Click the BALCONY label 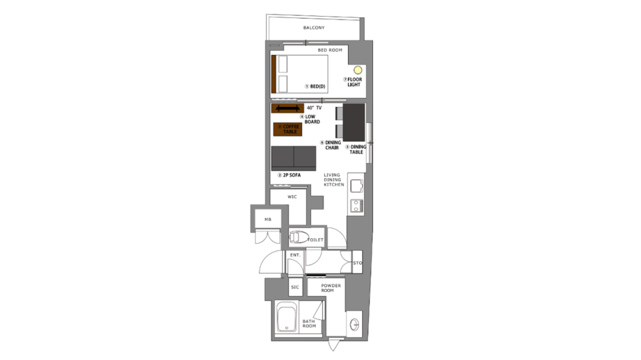point(313,28)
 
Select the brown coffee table point(287,129)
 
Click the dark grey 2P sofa point(294,158)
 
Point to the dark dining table point(354,122)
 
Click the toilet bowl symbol point(297,238)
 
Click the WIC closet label point(292,197)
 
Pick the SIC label point(295,287)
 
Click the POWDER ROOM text point(327,287)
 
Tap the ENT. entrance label point(295,256)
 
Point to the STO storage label point(358,263)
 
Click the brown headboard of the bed point(274,74)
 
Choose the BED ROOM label point(330,49)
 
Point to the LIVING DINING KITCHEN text point(333,179)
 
